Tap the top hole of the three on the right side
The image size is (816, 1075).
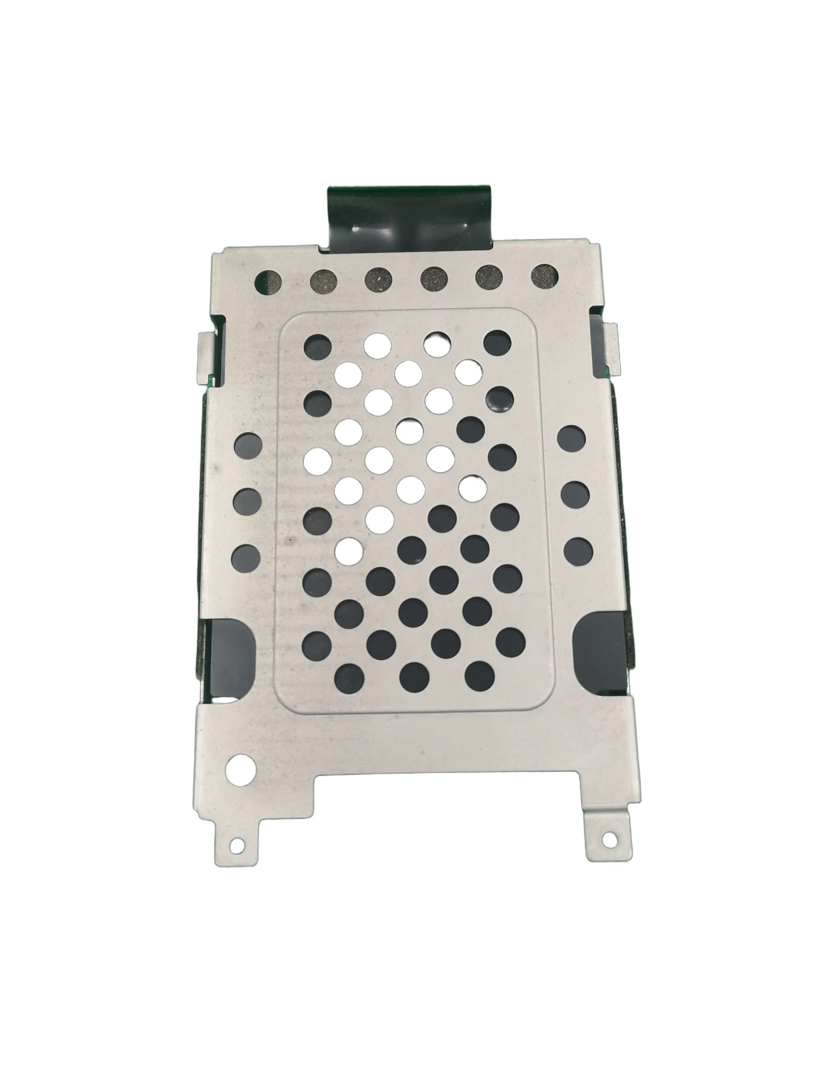[x=572, y=439]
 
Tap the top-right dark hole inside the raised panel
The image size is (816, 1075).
[x=497, y=343]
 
